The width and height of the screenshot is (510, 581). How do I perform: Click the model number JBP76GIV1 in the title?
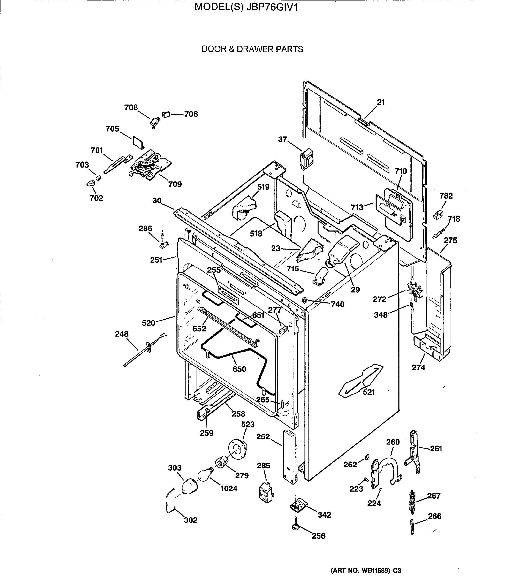tap(272, 7)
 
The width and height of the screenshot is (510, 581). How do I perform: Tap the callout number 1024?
tap(229, 488)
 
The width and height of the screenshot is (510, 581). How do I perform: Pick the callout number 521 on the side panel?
tap(369, 392)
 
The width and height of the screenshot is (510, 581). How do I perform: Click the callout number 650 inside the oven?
tap(239, 369)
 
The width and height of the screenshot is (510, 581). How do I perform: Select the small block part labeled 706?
tap(166, 114)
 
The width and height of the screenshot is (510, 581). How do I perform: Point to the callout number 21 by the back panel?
tap(381, 102)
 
